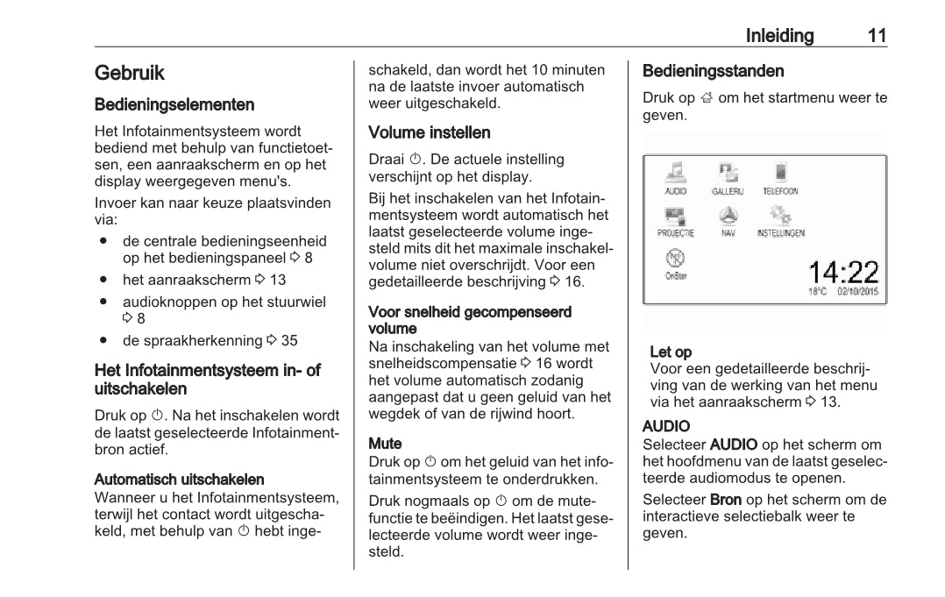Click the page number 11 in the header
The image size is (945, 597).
click(x=877, y=36)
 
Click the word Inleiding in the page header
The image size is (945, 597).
click(x=779, y=36)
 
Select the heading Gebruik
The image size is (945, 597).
click(x=130, y=73)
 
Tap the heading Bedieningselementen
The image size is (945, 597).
click(x=174, y=104)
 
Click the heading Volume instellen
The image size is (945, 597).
click(x=430, y=132)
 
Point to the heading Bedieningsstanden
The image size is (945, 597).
click(x=713, y=71)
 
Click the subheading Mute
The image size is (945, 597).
click(x=385, y=444)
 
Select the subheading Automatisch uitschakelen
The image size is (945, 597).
click(x=180, y=480)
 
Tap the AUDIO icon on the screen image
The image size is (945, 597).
click(x=676, y=173)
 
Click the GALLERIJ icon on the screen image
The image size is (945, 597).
click(x=728, y=173)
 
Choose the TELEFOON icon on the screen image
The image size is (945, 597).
click(x=779, y=173)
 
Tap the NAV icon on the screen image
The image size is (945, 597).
click(x=728, y=217)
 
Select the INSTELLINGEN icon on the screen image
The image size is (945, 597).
click(x=780, y=217)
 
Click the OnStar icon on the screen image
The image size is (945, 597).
click(x=676, y=259)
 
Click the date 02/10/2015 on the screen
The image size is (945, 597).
click(x=858, y=291)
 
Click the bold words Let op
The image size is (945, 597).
click(x=671, y=352)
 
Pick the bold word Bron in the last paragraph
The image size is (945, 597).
click(x=726, y=500)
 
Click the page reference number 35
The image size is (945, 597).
click(x=289, y=340)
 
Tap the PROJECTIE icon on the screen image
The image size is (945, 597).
click(x=676, y=217)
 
